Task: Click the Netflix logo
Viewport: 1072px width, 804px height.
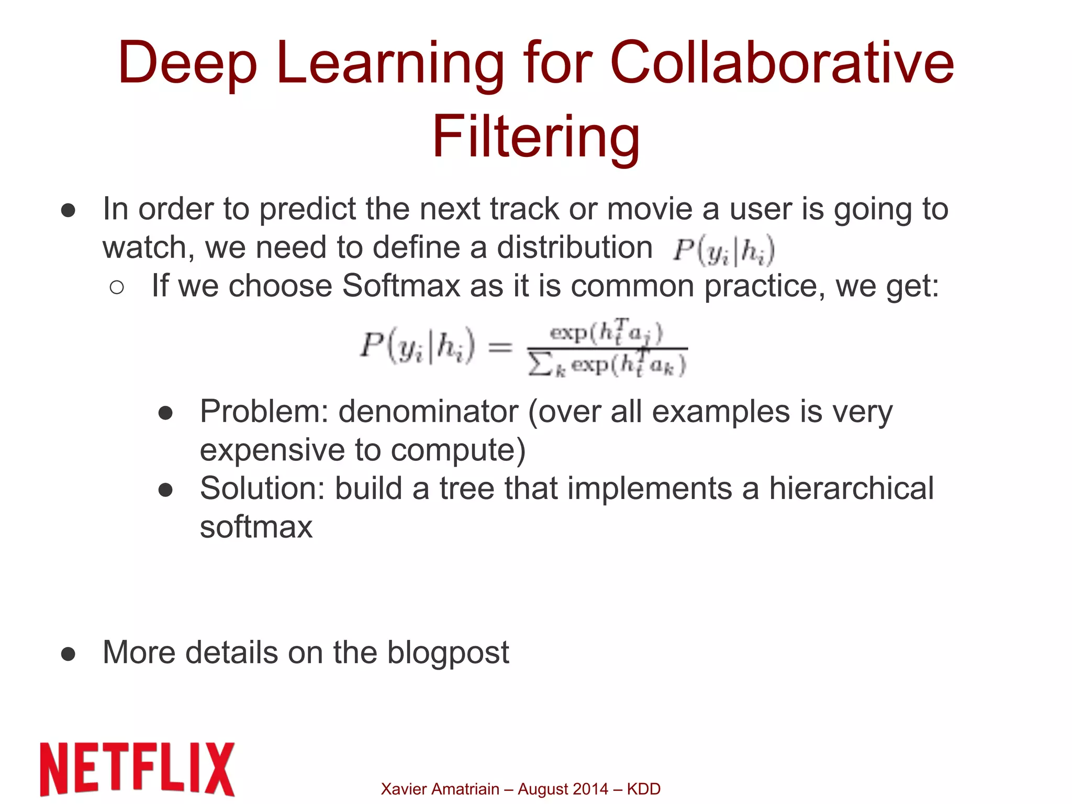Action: pos(137,768)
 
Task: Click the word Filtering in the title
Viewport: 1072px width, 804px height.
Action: pos(535,137)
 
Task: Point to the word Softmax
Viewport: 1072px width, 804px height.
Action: pos(401,286)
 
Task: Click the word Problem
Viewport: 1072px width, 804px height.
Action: pos(264,412)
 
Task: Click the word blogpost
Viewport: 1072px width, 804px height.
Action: pos(448,653)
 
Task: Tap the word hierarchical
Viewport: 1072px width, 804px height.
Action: pos(851,489)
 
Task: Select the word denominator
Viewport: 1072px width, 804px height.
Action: pos(428,412)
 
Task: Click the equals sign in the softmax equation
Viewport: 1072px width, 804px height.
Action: pos(499,347)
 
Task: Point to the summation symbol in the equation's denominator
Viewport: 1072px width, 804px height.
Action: pos(540,364)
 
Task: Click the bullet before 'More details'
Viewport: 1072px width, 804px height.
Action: pos(68,653)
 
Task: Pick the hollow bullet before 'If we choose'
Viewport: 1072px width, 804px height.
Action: pos(117,287)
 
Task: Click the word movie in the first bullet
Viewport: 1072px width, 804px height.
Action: pos(650,209)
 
